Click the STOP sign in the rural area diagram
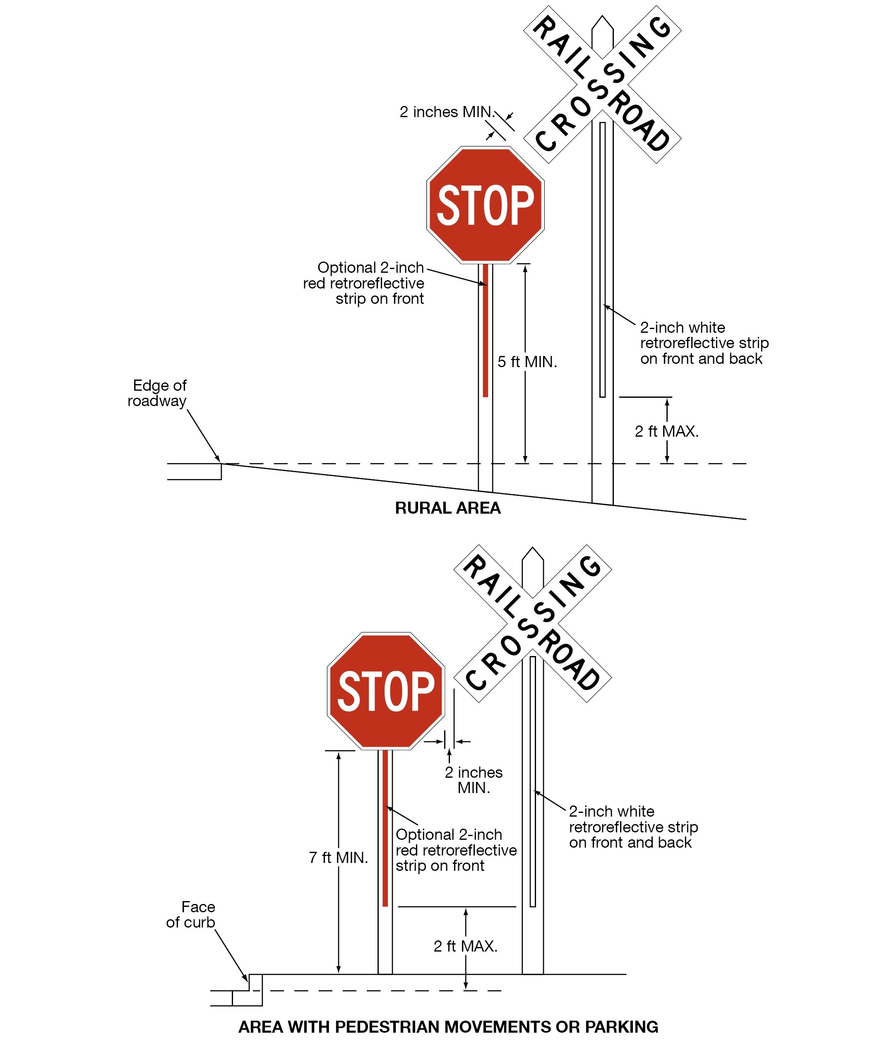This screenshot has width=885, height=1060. pyautogui.click(x=485, y=205)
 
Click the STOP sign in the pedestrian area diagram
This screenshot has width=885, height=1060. pyautogui.click(x=386, y=691)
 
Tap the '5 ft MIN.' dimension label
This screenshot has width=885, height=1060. pyautogui.click(x=527, y=362)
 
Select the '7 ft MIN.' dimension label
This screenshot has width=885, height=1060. pyautogui.click(x=338, y=858)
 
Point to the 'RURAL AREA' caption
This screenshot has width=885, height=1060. pyautogui.click(x=447, y=508)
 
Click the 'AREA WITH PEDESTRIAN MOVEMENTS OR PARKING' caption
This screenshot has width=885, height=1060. pyautogui.click(x=448, y=1027)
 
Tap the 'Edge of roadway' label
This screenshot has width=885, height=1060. pyautogui.click(x=158, y=393)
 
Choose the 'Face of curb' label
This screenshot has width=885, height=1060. pyautogui.click(x=191, y=915)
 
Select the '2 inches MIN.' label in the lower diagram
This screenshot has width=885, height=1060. pyautogui.click(x=474, y=780)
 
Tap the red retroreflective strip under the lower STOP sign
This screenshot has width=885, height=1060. pyautogui.click(x=385, y=828)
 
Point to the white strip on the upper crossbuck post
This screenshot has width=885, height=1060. pyautogui.click(x=602, y=260)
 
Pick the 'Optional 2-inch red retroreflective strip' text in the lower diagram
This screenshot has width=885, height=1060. pyautogui.click(x=455, y=850)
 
